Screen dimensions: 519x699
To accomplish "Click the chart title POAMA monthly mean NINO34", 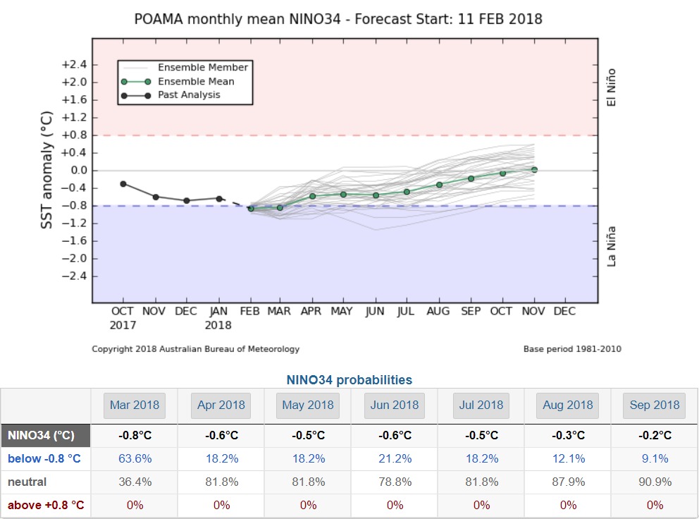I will [338, 18].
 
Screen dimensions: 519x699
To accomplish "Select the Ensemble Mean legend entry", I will [196, 81].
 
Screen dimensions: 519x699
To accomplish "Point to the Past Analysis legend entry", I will [189, 94].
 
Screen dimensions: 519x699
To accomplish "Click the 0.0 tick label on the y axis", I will [78, 170].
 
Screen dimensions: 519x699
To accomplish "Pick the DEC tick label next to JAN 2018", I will [186, 311].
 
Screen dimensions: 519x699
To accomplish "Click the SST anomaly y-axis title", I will [47, 169].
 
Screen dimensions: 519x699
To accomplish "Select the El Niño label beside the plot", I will [611, 87].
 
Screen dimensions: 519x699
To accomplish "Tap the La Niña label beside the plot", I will [612, 245].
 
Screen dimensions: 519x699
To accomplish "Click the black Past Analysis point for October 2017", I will [123, 183].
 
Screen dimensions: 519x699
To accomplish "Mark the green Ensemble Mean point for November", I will [534, 169].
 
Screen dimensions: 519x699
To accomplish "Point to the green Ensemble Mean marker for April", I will [312, 195].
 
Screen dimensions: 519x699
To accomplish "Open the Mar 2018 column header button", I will [135, 405].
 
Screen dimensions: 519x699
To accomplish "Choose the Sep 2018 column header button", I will [655, 405].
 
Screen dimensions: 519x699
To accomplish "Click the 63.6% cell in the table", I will [135, 458].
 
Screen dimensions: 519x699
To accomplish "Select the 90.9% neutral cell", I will [655, 482].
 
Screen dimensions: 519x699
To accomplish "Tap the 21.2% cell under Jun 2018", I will [395, 458].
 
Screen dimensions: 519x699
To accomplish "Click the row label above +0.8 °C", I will [46, 505].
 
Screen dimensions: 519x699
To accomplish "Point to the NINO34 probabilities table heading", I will [349, 380].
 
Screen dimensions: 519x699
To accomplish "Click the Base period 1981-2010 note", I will [572, 349].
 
